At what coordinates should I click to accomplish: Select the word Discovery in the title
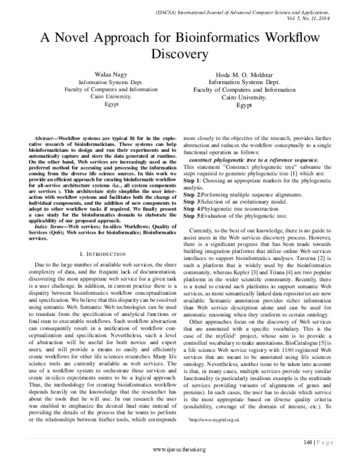point(180,55)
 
